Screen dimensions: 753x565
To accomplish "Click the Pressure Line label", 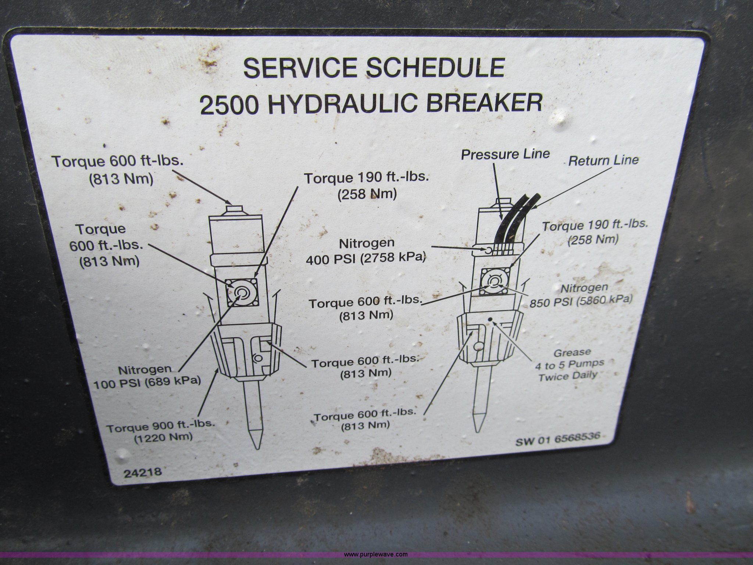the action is click(506, 154).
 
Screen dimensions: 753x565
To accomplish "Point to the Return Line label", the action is click(603, 160).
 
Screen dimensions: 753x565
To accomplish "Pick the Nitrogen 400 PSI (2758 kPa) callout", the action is click(366, 251).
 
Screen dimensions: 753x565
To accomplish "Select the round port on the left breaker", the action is click(258, 358).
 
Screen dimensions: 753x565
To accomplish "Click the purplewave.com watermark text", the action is click(376, 554).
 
